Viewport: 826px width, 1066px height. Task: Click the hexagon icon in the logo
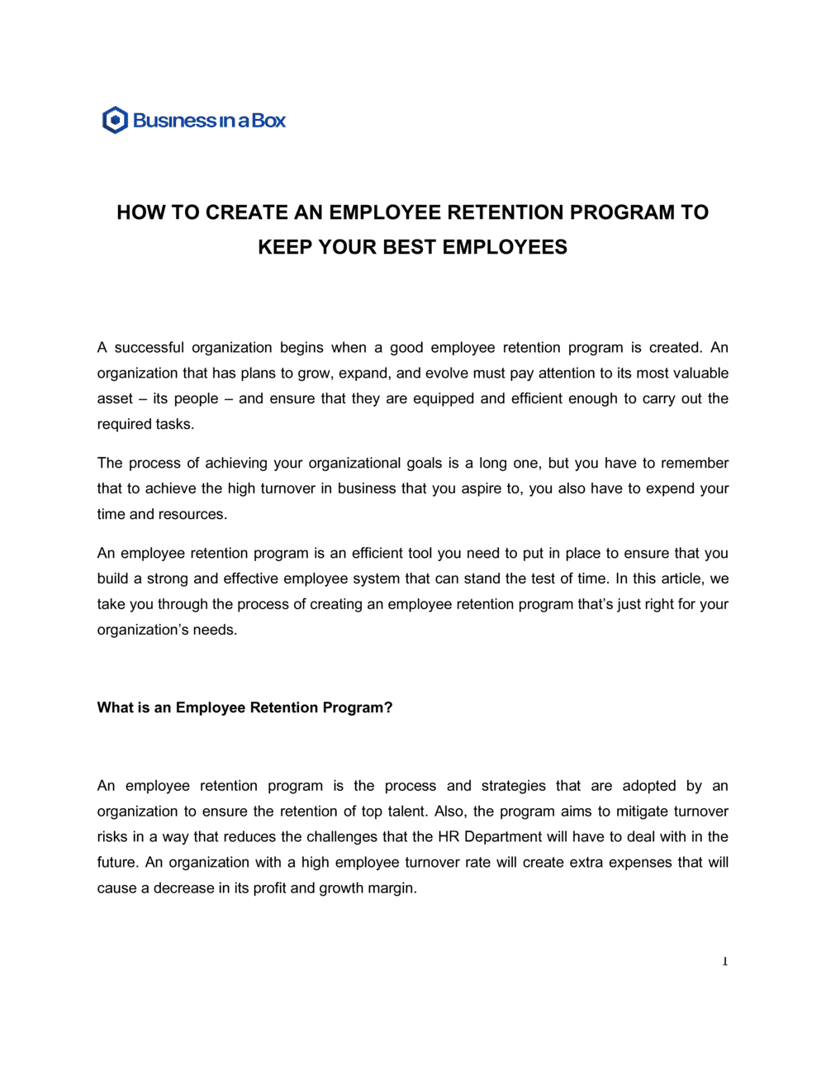click(x=115, y=121)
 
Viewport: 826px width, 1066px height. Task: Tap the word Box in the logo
click(x=268, y=121)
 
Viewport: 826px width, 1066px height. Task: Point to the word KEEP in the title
click(x=285, y=247)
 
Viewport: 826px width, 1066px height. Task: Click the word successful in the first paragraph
click(x=149, y=348)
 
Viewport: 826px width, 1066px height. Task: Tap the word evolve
click(x=446, y=374)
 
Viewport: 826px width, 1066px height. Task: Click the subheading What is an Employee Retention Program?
click(x=244, y=708)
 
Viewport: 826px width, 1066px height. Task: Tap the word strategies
click(x=514, y=786)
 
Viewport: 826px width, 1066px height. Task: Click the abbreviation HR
click(x=448, y=837)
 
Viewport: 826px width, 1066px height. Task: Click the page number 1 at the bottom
click(x=725, y=961)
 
